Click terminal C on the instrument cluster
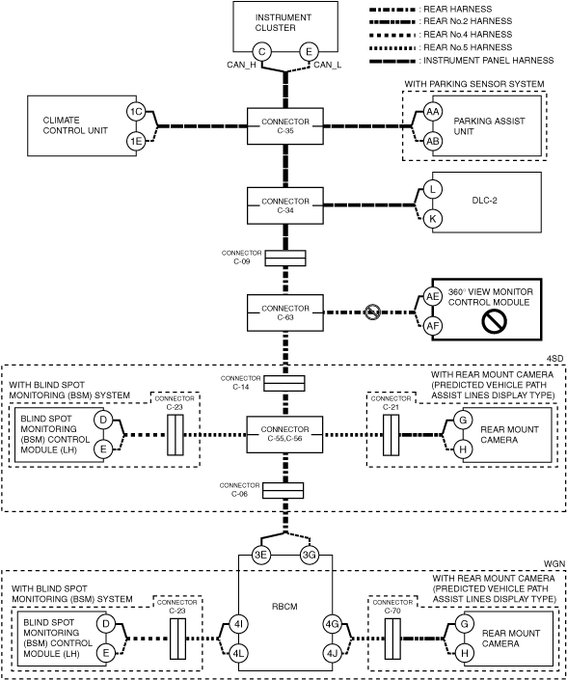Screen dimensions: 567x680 point(262,52)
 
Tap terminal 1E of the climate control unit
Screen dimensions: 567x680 point(136,141)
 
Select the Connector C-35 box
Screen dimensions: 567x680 point(285,126)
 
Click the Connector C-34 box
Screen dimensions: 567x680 point(285,205)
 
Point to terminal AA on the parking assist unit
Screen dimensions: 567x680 point(432,112)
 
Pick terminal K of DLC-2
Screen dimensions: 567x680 point(432,219)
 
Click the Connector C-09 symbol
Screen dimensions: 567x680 point(285,258)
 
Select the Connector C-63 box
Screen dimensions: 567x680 point(285,313)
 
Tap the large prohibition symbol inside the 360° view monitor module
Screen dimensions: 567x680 point(494,322)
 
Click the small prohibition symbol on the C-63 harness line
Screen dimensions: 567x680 point(372,313)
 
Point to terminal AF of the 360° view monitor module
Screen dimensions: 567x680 point(432,326)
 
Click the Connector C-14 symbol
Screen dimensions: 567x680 point(284,383)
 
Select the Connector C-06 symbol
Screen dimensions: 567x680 point(283,491)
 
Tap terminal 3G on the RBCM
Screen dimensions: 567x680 point(310,556)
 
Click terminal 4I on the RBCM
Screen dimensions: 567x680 point(238,624)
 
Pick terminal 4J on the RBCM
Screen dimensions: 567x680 point(333,653)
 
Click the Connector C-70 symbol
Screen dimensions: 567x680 point(392,639)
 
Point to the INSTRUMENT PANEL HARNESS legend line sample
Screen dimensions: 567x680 point(392,61)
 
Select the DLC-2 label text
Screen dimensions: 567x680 point(485,201)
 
